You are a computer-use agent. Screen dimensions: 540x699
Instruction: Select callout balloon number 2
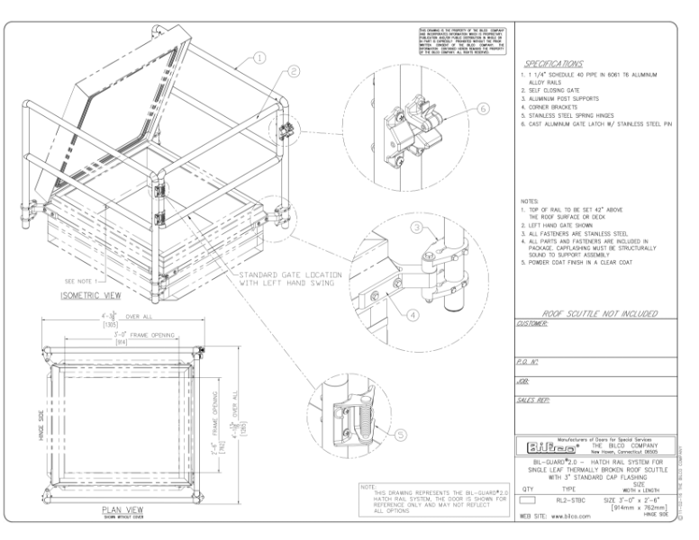pos(294,71)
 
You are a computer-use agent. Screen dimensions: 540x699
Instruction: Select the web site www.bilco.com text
pos(556,517)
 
